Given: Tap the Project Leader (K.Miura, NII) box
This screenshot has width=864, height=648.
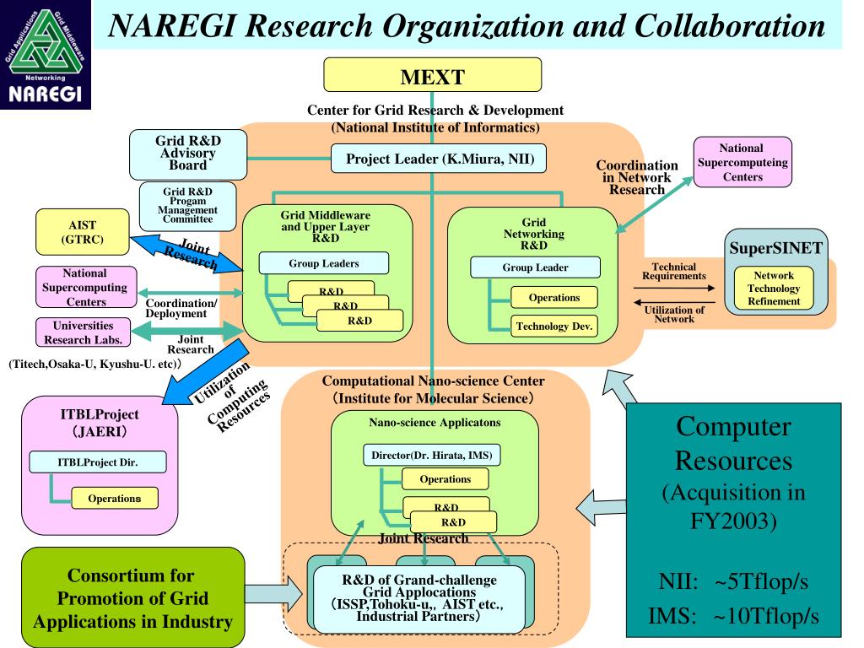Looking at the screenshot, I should point(433,157).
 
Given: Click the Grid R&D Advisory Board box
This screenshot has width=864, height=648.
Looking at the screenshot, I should point(186,154).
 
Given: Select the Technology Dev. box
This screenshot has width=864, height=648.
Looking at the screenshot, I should point(554,326).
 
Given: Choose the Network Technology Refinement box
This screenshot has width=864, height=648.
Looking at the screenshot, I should point(775,288).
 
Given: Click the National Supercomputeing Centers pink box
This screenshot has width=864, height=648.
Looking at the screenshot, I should point(743,163).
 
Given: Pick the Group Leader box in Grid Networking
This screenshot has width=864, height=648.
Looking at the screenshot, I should point(535,267).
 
